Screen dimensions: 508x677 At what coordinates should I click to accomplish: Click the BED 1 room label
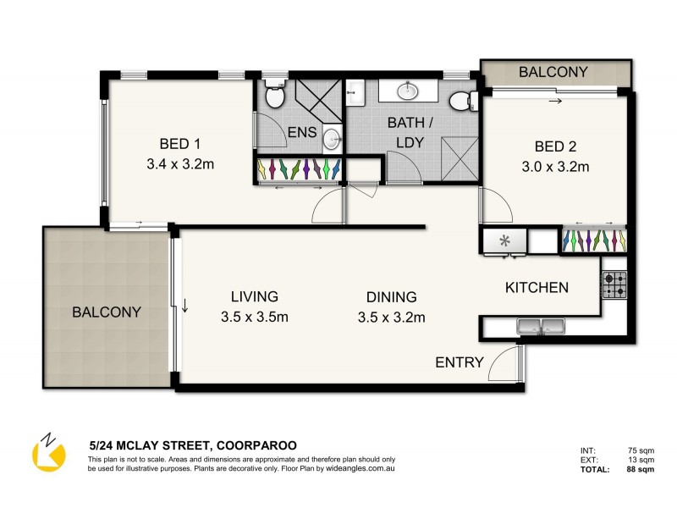(179, 143)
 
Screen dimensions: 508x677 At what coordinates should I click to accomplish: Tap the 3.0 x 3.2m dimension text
(555, 167)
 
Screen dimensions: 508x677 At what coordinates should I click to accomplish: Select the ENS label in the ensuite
(301, 133)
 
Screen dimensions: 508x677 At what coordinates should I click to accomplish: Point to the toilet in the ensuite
(273, 97)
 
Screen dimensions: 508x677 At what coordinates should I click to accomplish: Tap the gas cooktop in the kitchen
(614, 284)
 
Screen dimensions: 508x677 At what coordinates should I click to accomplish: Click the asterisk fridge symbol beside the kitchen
(505, 241)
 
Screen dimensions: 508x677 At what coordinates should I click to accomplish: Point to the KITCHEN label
(537, 288)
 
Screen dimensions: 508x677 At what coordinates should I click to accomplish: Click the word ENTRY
(460, 363)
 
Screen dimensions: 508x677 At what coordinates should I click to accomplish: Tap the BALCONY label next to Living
(107, 312)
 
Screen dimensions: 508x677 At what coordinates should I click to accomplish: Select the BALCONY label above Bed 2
(553, 72)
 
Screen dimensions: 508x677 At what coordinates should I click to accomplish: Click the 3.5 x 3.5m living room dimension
(254, 317)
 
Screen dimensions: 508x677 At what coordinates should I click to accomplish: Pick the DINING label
(391, 297)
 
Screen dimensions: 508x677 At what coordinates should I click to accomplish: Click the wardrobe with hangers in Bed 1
(300, 169)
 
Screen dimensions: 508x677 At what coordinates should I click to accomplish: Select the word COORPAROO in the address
(257, 444)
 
